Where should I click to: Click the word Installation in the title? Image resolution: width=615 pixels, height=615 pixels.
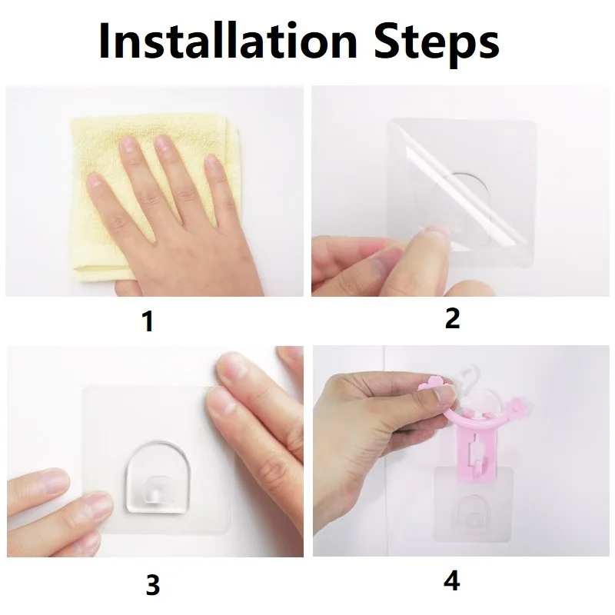point(228,41)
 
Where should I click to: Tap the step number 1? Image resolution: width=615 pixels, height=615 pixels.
point(148,321)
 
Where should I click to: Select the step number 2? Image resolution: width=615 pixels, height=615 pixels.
point(452,318)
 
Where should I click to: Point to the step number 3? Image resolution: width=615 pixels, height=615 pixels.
point(153,585)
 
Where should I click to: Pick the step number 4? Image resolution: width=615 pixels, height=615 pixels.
point(452,581)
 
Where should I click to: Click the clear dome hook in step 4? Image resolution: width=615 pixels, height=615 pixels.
point(474,513)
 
